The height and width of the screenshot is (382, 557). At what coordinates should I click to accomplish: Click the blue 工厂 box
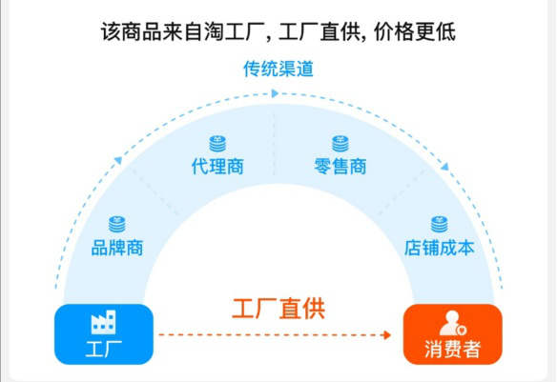tap(104, 334)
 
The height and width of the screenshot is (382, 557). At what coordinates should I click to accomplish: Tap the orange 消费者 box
tap(452, 334)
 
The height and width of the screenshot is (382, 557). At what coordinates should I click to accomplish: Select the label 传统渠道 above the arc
tap(278, 69)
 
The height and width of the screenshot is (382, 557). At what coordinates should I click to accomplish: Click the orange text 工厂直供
tap(278, 309)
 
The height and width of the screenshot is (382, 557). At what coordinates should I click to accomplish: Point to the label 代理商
tap(217, 167)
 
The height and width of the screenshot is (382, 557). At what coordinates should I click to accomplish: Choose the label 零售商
tap(340, 167)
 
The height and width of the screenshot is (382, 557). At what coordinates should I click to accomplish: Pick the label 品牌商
tap(117, 248)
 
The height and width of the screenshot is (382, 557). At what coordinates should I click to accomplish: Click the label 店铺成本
tap(440, 248)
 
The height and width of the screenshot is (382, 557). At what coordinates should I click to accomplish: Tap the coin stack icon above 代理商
tap(217, 144)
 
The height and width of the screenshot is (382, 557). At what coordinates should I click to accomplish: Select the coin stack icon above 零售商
tap(340, 144)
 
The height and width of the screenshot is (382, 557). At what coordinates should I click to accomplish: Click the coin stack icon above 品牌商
tap(117, 225)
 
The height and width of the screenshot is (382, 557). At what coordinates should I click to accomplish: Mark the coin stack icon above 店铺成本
tap(440, 225)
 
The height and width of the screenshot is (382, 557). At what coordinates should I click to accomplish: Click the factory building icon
tap(103, 322)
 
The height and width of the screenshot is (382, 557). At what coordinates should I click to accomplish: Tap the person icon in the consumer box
tap(452, 323)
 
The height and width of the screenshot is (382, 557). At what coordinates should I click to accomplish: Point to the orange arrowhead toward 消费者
tap(387, 334)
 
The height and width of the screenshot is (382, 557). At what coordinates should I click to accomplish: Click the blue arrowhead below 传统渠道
tap(275, 93)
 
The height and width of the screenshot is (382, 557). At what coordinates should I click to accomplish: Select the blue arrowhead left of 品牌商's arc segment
tap(118, 161)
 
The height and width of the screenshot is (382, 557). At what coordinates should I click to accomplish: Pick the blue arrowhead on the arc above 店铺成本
tap(444, 167)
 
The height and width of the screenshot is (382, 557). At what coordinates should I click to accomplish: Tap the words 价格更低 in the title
tap(415, 32)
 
